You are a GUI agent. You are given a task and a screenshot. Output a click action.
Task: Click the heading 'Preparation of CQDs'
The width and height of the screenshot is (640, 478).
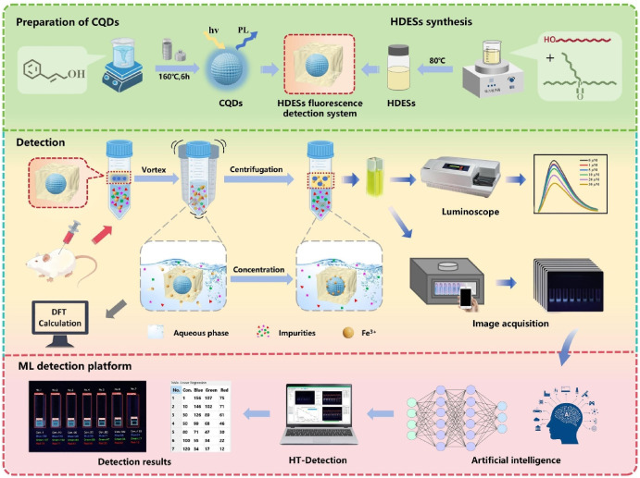73,18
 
